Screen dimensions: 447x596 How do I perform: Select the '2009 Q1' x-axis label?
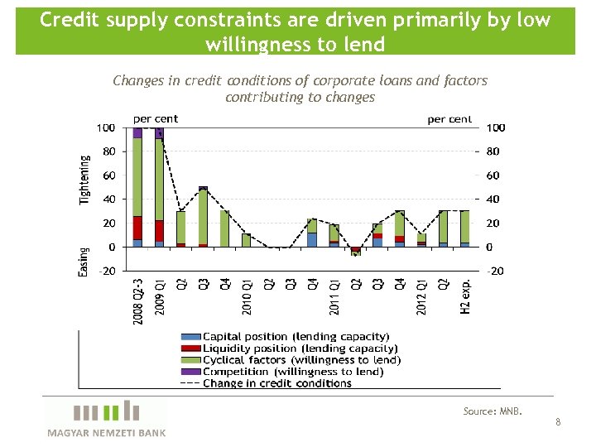click(x=160, y=296)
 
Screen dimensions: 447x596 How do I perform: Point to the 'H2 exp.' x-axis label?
click(x=465, y=296)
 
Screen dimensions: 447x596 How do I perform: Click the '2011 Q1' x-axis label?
click(x=334, y=296)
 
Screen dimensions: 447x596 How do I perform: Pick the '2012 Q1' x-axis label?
click(x=421, y=296)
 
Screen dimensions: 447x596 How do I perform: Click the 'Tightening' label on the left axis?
click(x=84, y=180)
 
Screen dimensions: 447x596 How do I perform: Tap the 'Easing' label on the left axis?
click(x=84, y=262)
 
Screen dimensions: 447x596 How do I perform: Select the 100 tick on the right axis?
click(x=495, y=128)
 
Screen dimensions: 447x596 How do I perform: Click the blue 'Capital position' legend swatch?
click(x=191, y=337)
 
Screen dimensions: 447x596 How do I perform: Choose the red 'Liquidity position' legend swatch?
click(x=191, y=348)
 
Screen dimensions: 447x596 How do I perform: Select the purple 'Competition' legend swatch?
click(x=191, y=372)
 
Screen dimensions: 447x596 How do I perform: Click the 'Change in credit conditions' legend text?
click(x=276, y=383)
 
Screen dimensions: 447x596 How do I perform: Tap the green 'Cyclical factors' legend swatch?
click(x=191, y=360)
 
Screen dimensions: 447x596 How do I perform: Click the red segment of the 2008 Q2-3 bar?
click(x=137, y=228)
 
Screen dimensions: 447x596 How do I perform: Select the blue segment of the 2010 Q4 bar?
click(x=312, y=239)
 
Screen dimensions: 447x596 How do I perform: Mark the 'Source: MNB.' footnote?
click(x=493, y=411)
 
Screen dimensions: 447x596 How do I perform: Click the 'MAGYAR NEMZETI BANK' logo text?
click(x=106, y=433)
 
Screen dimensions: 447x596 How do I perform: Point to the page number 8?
click(x=558, y=422)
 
